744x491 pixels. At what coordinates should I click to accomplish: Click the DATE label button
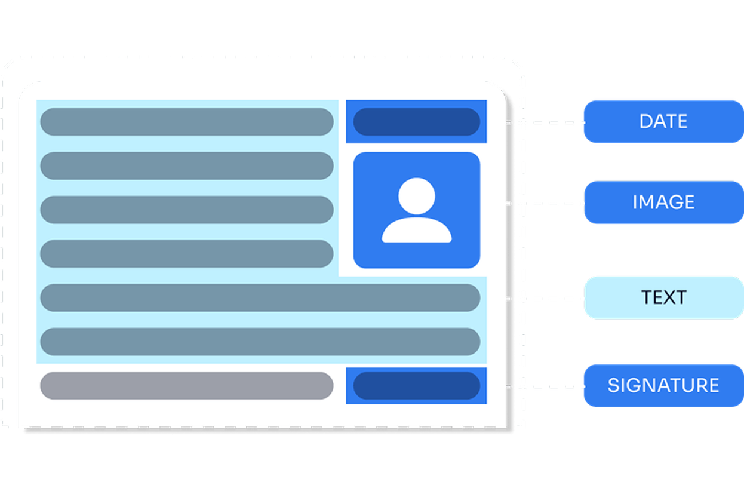point(663,121)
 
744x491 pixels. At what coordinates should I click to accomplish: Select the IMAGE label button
point(663,202)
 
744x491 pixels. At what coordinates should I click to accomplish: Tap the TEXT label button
point(663,297)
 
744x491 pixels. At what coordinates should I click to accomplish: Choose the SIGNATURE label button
point(663,385)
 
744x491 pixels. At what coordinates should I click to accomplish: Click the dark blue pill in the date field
point(417,122)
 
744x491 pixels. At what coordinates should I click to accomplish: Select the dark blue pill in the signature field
point(417,386)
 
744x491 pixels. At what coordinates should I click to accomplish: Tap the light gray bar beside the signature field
point(186,386)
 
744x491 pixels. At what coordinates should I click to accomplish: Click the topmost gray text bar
point(186,122)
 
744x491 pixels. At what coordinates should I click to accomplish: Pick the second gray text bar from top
point(186,166)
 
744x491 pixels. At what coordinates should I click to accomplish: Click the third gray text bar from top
point(186,210)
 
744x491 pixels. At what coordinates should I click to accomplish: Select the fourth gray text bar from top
point(186,254)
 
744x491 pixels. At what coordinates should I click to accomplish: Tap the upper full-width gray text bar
point(260,297)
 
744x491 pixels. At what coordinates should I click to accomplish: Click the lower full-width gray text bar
point(260,342)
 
